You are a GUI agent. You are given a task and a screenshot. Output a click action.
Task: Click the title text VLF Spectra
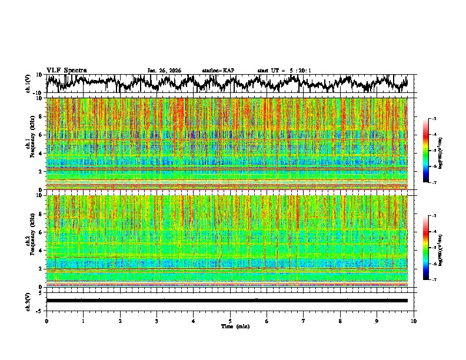(66, 70)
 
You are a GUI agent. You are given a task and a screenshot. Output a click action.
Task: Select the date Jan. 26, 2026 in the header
(164, 71)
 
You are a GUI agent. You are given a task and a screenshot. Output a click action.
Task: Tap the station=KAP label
(218, 71)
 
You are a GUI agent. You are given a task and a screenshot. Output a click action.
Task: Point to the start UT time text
(284, 71)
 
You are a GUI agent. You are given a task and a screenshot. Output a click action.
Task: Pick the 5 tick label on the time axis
(230, 321)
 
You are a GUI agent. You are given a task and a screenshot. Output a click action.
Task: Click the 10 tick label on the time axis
(414, 321)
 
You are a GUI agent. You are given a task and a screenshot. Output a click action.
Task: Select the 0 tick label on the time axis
(46, 321)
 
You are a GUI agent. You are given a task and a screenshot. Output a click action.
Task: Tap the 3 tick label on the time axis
(157, 321)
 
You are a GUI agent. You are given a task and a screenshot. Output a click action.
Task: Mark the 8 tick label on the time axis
(340, 321)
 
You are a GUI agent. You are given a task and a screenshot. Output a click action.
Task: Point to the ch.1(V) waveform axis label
(28, 84)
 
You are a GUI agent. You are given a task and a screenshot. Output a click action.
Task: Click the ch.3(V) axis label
(28, 300)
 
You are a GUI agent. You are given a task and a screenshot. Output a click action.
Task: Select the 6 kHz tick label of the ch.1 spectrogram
(42, 135)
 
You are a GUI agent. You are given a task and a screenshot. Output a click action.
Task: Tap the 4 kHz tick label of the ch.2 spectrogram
(42, 250)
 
